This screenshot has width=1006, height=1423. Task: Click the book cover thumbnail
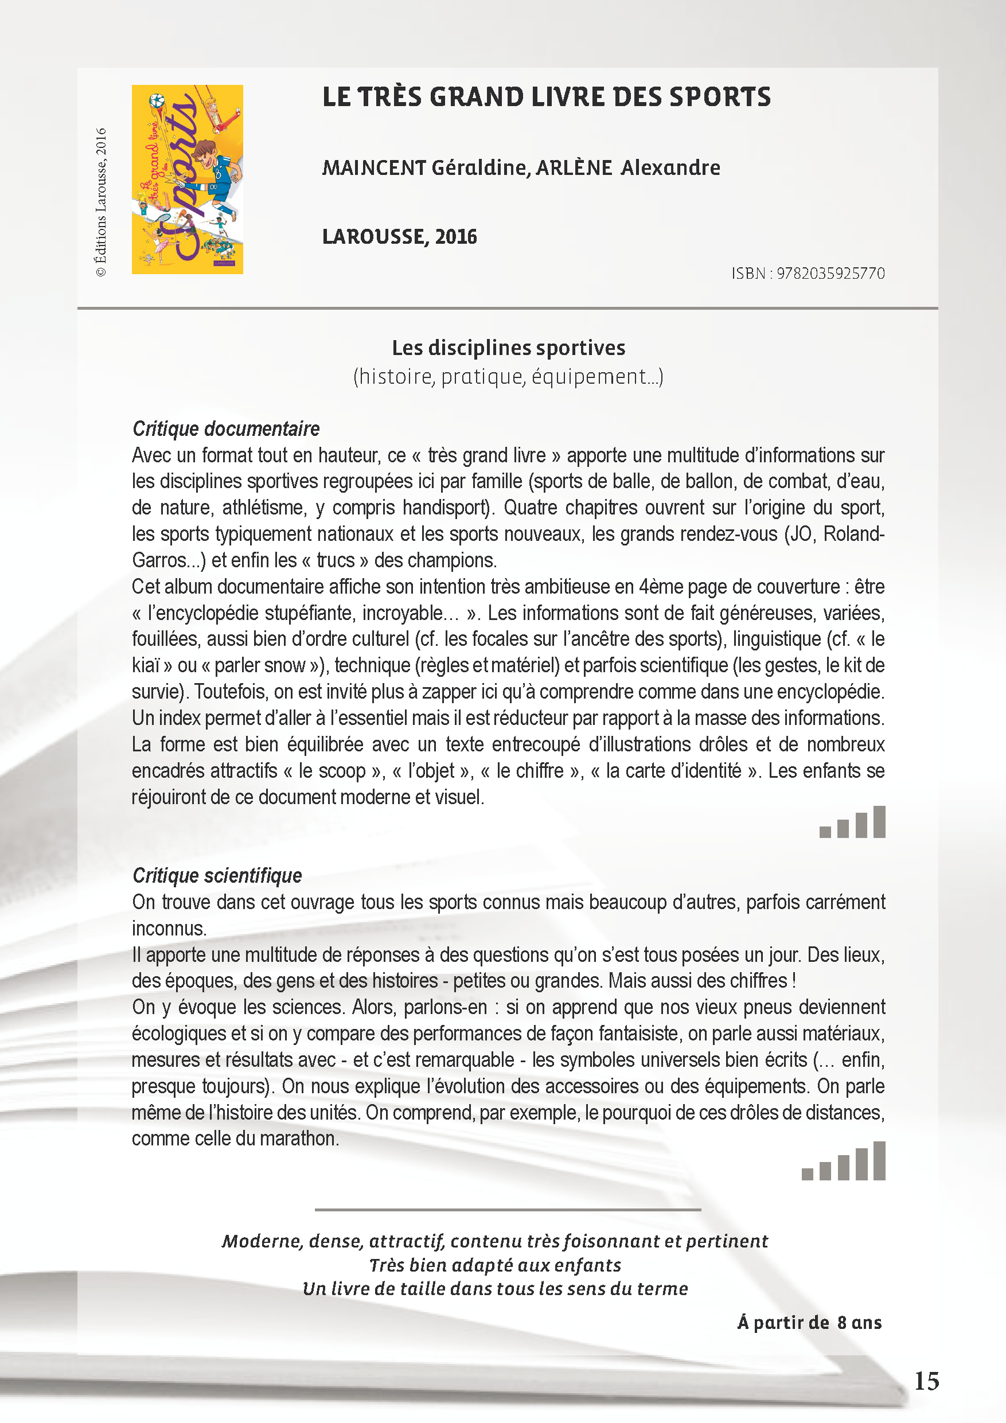tap(187, 179)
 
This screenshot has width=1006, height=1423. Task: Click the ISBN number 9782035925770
tap(830, 274)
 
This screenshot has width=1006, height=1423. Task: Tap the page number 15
tap(927, 1381)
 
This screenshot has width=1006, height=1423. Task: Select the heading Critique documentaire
tap(225, 428)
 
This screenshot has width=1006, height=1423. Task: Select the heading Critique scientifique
tap(217, 875)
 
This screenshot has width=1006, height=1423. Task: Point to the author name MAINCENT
tap(374, 167)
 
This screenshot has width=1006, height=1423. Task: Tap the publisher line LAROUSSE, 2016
tap(399, 236)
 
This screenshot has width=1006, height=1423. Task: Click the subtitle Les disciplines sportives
tap(508, 348)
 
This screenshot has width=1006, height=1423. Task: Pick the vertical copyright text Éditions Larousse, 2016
tap(101, 202)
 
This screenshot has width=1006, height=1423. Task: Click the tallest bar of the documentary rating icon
tap(878, 822)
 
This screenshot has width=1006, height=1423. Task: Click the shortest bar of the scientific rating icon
tap(807, 1174)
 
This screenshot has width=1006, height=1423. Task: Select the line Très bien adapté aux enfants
tap(494, 1265)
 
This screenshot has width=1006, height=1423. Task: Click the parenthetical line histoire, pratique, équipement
tap(508, 376)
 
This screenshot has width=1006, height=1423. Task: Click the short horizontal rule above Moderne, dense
tap(508, 1209)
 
